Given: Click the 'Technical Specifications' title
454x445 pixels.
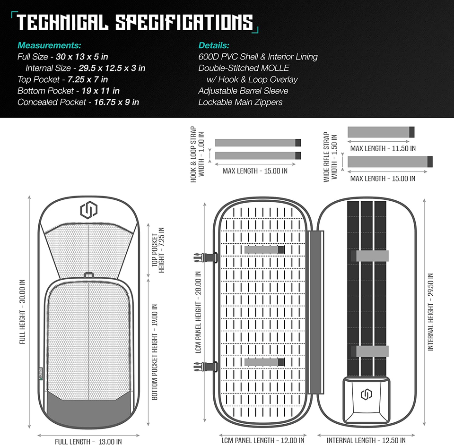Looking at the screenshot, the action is (135, 23).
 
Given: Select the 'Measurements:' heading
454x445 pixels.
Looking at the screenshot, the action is (49, 45).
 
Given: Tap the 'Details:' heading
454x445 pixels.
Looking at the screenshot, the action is (214, 45).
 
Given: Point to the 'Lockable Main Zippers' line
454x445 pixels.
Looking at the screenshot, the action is (240, 102).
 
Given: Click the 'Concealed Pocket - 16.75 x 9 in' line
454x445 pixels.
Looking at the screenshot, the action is (78, 102).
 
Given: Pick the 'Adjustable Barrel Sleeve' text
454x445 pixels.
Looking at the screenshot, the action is (243, 91).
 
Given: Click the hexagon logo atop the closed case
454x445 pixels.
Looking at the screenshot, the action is (88, 210).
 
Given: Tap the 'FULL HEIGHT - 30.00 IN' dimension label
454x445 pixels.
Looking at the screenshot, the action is (23, 312).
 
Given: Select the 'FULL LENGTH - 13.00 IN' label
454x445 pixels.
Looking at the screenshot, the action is (88, 441).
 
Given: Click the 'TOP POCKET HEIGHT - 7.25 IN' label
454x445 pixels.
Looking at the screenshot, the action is (158, 250).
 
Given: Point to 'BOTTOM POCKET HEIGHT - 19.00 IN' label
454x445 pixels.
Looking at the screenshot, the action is (155, 352).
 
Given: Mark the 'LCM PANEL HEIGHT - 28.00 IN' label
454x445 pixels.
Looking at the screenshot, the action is (198, 312).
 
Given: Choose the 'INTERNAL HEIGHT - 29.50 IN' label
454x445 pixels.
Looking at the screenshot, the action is (431, 312).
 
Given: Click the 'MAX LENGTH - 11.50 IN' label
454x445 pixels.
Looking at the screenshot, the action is (383, 148).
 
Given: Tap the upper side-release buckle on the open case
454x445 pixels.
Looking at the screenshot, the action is (206, 257).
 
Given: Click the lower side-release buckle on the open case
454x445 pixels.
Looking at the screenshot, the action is (206, 367).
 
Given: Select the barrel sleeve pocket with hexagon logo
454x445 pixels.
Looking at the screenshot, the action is (366, 400).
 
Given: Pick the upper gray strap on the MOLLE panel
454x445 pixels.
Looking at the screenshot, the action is (264, 250).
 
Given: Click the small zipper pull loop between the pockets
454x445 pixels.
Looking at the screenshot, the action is (88, 274).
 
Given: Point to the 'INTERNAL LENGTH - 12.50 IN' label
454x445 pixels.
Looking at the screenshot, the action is (366, 440).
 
